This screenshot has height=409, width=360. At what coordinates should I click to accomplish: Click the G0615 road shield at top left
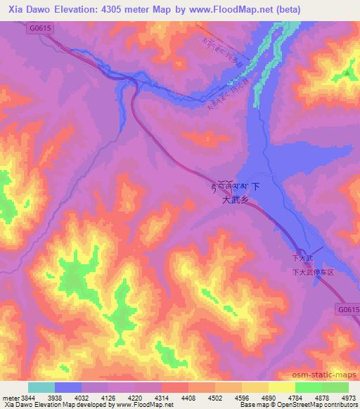pyautogui.click(x=42, y=29)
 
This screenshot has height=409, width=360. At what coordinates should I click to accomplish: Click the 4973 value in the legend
pyautogui.click(x=349, y=397)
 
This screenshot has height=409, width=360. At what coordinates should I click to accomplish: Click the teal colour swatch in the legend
pyautogui.click(x=41, y=387)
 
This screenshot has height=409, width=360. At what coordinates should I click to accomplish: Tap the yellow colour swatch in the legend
pyautogui.click(x=281, y=387)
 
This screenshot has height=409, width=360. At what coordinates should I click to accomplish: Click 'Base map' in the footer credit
pyautogui.click(x=251, y=405)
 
